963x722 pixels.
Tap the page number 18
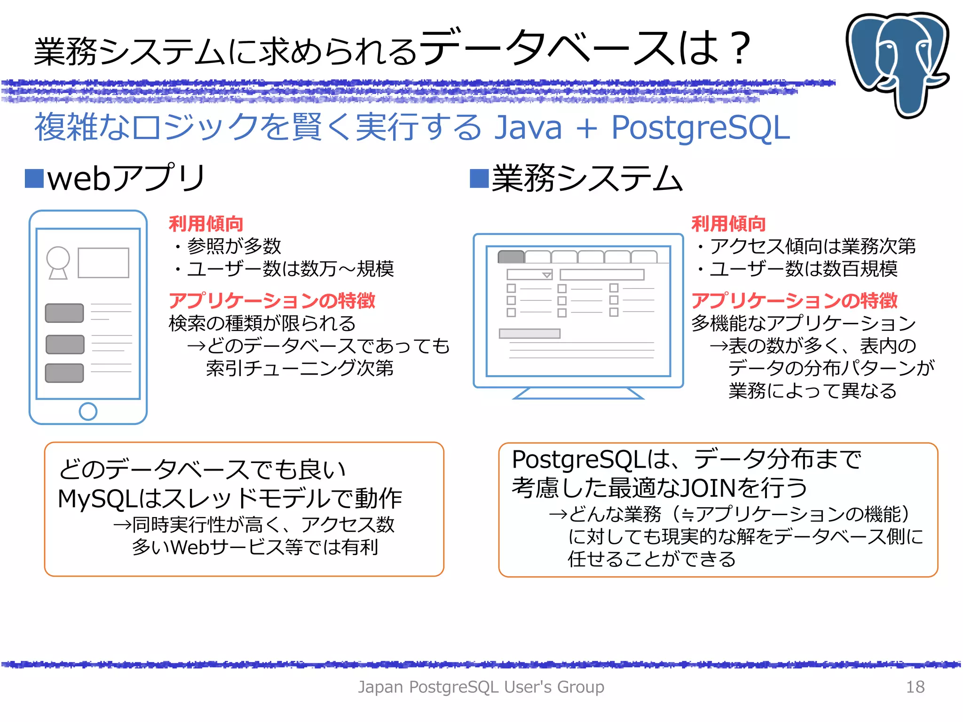(915, 687)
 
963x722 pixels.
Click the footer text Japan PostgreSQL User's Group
(481, 687)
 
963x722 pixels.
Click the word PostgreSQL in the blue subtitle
(700, 127)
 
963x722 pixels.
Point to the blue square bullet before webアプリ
(34, 178)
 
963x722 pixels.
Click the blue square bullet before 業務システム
(479, 178)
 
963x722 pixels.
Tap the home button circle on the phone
(88, 411)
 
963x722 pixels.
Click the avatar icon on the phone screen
(58, 262)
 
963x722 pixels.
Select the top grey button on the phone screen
(64, 313)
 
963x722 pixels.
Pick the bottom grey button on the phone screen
(64, 373)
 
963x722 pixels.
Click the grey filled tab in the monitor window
(511, 257)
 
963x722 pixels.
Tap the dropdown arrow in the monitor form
(546, 275)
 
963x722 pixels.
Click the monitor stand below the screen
(578, 393)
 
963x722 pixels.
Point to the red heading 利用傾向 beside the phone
(206, 224)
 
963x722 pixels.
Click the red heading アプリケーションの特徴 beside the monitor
(794, 300)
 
